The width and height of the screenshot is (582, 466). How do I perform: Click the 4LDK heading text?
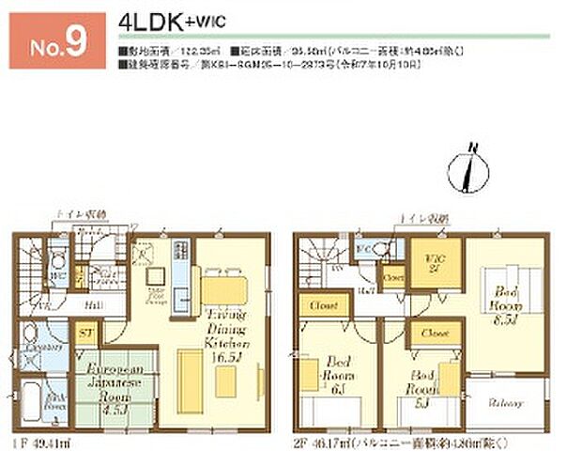tap(154, 22)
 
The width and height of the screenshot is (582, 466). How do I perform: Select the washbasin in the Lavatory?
tap(31, 339)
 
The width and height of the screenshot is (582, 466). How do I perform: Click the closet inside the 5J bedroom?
tap(434, 334)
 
